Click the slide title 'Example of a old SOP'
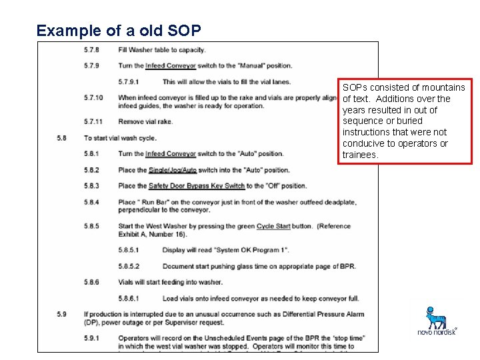click(118, 31)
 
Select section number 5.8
click(62, 138)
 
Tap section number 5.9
click(62, 314)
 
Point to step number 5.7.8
click(91, 49)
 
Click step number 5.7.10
click(93, 98)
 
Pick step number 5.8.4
click(91, 202)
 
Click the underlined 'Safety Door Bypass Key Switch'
click(197, 186)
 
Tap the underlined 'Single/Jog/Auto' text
click(173, 170)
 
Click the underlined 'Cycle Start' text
click(273, 226)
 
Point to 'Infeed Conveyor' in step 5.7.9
click(171, 66)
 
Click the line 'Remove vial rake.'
click(145, 121)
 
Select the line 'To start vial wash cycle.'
click(120, 138)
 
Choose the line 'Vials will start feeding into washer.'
click(170, 282)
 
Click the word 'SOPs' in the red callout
click(353, 87)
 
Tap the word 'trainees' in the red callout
click(360, 155)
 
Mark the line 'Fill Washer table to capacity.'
click(162, 49)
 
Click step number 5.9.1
click(91, 338)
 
